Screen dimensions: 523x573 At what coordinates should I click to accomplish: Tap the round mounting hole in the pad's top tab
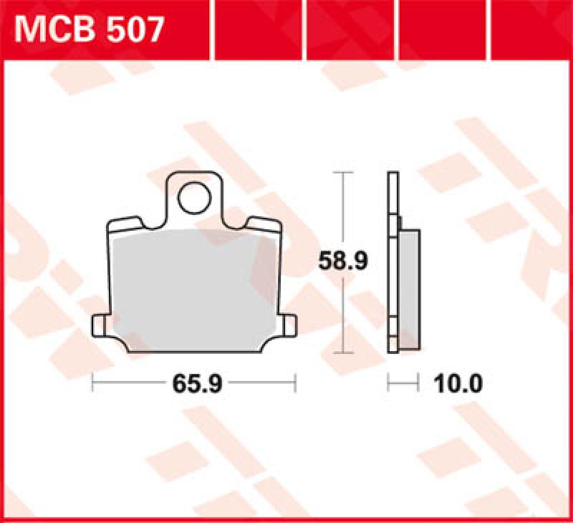point(193,198)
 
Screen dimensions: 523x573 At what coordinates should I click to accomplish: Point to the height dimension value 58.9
point(344,262)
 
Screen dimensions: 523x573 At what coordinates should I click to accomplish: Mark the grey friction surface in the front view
point(193,287)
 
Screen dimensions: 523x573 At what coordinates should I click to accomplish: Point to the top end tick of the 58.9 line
point(345,173)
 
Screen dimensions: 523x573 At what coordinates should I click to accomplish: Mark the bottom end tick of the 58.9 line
point(345,352)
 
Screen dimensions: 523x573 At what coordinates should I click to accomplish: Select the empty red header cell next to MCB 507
point(258,30)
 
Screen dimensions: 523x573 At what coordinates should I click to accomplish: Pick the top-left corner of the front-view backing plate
point(109,222)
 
